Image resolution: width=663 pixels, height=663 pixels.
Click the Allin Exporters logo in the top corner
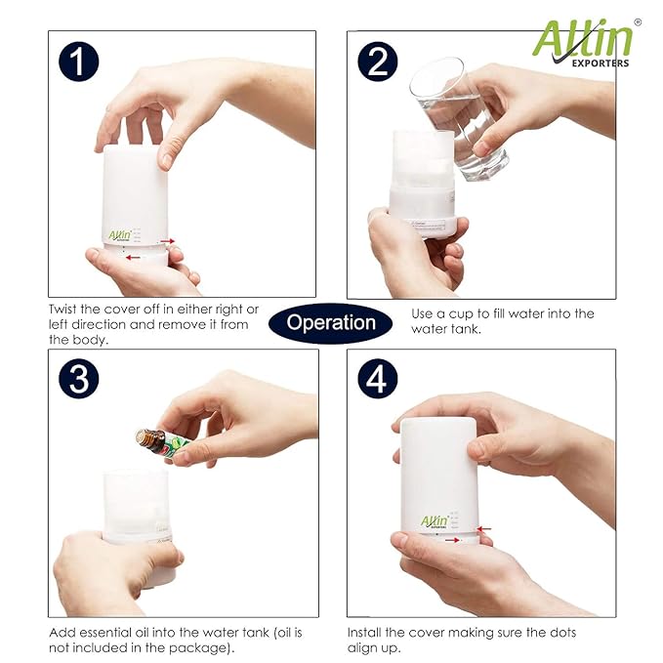click(582, 42)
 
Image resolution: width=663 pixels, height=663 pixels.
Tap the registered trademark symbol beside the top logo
click(638, 21)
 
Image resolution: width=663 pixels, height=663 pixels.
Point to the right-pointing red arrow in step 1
click(167, 240)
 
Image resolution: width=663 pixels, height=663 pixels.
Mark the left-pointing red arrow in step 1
click(133, 258)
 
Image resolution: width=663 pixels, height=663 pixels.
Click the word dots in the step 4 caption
click(559, 633)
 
